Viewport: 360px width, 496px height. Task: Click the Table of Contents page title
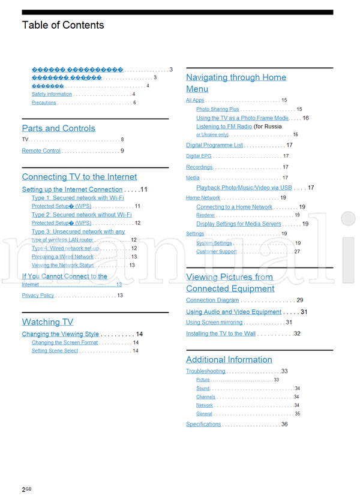(63, 25)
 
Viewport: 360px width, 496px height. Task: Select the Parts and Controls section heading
(58, 128)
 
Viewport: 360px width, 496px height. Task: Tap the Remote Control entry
(41, 151)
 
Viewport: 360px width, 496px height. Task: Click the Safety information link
(52, 94)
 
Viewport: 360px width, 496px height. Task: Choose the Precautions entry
(44, 103)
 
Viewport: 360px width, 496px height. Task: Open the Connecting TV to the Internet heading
(79, 177)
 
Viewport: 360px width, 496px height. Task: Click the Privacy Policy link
(38, 296)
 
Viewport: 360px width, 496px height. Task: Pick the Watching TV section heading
(47, 322)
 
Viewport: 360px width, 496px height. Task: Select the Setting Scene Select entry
(55, 351)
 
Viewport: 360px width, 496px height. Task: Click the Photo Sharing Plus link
(217, 110)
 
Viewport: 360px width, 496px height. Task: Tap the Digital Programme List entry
(214, 145)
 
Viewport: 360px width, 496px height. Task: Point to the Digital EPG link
(198, 157)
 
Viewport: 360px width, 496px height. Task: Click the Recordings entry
(199, 167)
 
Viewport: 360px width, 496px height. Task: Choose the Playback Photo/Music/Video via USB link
(244, 188)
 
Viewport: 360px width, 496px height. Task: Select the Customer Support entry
(216, 252)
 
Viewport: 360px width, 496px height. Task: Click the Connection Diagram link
(212, 300)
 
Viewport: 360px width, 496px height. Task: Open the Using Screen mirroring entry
(214, 323)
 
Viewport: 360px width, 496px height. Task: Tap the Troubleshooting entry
(205, 372)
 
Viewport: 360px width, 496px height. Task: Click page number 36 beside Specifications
(284, 425)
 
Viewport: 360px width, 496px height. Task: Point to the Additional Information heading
(229, 360)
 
